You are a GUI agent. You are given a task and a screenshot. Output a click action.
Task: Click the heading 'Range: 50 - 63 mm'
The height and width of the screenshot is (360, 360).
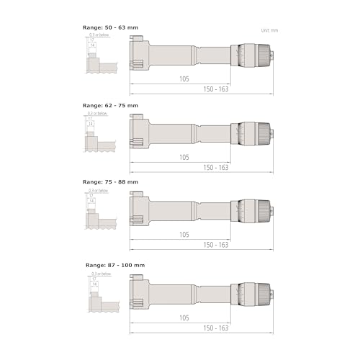[111, 27]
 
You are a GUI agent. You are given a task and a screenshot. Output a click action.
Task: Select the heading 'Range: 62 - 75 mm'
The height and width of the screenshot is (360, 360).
[111, 104]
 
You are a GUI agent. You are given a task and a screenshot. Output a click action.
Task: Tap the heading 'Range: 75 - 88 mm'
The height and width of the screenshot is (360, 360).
[111, 182]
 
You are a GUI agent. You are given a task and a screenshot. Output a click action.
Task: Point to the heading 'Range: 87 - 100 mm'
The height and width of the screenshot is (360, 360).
[113, 265]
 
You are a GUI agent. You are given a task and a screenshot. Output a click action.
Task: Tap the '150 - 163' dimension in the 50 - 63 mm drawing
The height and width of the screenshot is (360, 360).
[215, 89]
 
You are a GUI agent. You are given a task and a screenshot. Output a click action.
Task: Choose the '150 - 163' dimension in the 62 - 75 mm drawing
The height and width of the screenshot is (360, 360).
[215, 167]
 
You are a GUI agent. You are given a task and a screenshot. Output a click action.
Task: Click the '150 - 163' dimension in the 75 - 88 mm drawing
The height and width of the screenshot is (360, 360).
[215, 245]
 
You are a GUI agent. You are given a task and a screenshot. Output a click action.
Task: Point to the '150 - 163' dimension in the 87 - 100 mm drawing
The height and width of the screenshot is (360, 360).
[215, 328]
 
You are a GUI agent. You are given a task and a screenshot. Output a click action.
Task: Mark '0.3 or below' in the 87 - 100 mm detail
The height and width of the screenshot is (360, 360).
[100, 274]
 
